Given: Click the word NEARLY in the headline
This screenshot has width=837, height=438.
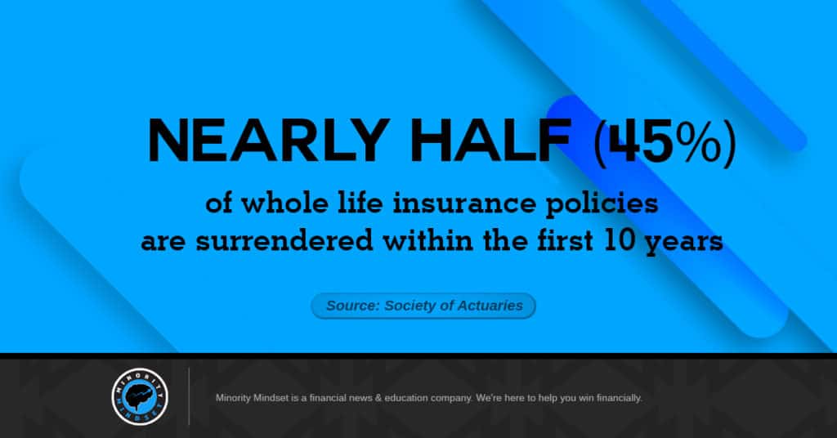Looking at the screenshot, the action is (268, 141).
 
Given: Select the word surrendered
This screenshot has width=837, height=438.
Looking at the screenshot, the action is (284, 240).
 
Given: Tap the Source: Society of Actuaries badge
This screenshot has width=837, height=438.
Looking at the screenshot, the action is (423, 306).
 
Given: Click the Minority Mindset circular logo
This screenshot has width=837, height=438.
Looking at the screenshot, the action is (140, 396).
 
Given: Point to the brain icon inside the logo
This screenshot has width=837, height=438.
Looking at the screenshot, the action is (140, 396).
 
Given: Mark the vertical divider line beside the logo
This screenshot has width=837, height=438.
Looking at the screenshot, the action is (189, 396).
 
